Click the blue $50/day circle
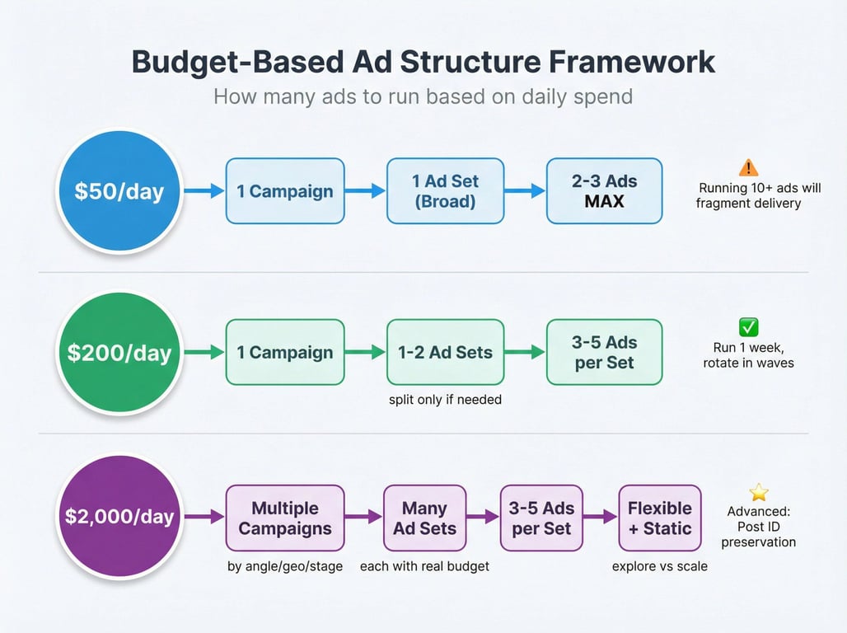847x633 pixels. tap(119, 191)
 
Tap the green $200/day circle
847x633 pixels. tap(119, 353)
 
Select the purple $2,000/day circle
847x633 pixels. tap(119, 516)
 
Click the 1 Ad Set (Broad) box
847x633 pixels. tap(445, 191)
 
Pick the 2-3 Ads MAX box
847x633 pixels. tap(605, 191)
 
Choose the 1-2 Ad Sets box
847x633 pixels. tap(445, 352)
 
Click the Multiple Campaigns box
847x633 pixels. tap(285, 518)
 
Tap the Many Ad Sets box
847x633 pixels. tap(424, 518)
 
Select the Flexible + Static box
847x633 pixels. tap(660, 518)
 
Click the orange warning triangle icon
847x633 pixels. tap(748, 167)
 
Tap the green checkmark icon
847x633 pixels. tap(748, 327)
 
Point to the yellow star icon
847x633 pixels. tap(758, 492)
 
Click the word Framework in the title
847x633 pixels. tap(632, 62)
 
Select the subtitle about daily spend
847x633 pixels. tap(423, 96)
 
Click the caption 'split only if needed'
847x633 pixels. tap(445, 400)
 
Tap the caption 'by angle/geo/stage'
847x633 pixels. tap(285, 566)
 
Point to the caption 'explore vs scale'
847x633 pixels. tap(660, 566)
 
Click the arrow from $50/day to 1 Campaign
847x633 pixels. tap(204, 191)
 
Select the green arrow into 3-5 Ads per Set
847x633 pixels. tap(525, 352)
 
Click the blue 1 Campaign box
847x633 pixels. tap(285, 191)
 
